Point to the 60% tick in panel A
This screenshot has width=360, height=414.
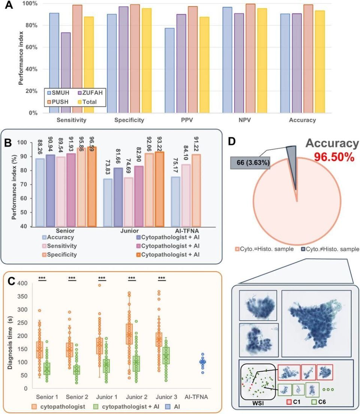click(31, 47)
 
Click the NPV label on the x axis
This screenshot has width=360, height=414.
click(244, 120)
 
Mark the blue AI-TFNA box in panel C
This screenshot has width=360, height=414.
click(202, 362)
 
